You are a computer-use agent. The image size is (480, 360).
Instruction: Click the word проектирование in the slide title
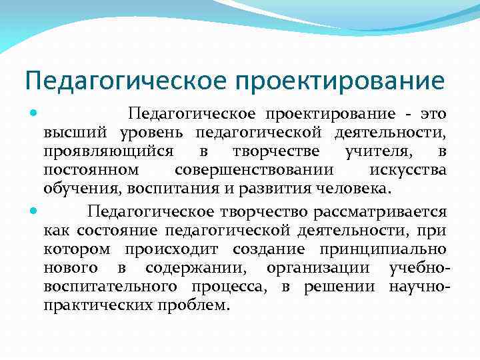(340, 81)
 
